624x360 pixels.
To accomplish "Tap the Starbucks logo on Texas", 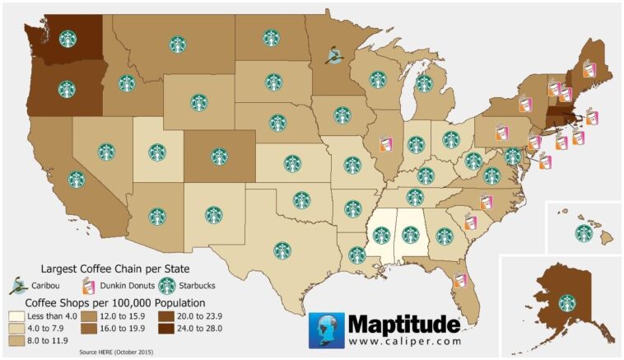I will click(282, 249).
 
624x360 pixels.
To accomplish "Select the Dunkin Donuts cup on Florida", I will click(460, 280).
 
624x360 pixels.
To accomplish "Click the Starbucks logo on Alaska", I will click(566, 302).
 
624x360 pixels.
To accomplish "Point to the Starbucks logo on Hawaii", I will click(584, 232).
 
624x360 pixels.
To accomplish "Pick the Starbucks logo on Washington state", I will click(67, 39).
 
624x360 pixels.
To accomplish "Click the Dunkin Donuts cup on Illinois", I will click(384, 144).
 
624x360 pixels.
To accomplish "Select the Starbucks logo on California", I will click(77, 179).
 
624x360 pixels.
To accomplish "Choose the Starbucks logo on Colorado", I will click(219, 156).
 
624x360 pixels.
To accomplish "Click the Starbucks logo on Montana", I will click(177, 44).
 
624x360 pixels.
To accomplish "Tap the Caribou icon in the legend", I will click(16, 287).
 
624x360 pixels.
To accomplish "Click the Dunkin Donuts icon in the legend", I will click(85, 287).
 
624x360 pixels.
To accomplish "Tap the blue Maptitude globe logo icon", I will click(326, 330).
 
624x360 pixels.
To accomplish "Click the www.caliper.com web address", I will click(399, 339).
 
